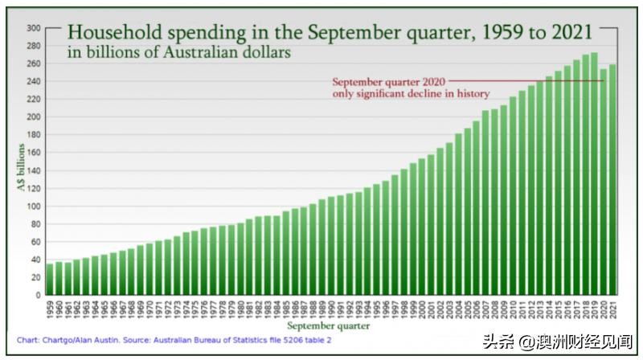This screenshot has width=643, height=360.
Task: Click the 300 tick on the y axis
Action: coord(34,28)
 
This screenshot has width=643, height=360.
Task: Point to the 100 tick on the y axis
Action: coord(34,206)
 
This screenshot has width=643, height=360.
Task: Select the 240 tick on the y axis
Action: coord(34,81)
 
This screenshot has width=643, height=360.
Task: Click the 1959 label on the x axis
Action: coord(50,307)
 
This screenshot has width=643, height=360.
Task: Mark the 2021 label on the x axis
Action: coord(613,307)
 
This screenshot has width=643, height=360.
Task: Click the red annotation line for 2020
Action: coord(522,81)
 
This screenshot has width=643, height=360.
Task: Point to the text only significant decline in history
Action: coord(411,94)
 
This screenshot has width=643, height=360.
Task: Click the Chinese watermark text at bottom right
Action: coord(555,341)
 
